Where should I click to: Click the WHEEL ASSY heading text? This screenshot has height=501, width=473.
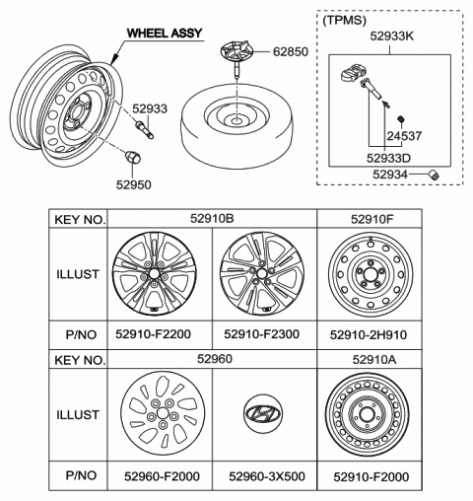tap(165, 33)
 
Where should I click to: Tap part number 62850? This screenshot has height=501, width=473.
tap(291, 51)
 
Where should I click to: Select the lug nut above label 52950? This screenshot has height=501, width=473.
tap(133, 157)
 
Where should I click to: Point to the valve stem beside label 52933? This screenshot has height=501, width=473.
tap(144, 130)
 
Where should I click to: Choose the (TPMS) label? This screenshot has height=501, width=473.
tap(344, 21)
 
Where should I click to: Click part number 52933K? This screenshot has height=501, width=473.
tap(392, 36)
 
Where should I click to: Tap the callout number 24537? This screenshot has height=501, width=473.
tap(404, 136)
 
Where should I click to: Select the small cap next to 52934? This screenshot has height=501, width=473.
tap(435, 175)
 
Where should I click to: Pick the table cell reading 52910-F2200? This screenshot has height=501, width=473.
tap(153, 334)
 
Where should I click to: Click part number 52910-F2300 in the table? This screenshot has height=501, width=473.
tap(261, 334)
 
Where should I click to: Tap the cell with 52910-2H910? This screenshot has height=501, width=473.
tap(369, 335)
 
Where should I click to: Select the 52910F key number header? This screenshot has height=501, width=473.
tap(372, 219)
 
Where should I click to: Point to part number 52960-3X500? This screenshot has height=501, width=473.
tap(267, 476)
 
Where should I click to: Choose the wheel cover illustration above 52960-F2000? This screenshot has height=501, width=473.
tap(163, 414)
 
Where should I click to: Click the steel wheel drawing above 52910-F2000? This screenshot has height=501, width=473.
tap(368, 414)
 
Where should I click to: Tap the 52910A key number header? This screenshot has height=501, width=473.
tap(374, 360)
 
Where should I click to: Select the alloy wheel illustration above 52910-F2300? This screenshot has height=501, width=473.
tap(262, 274)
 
